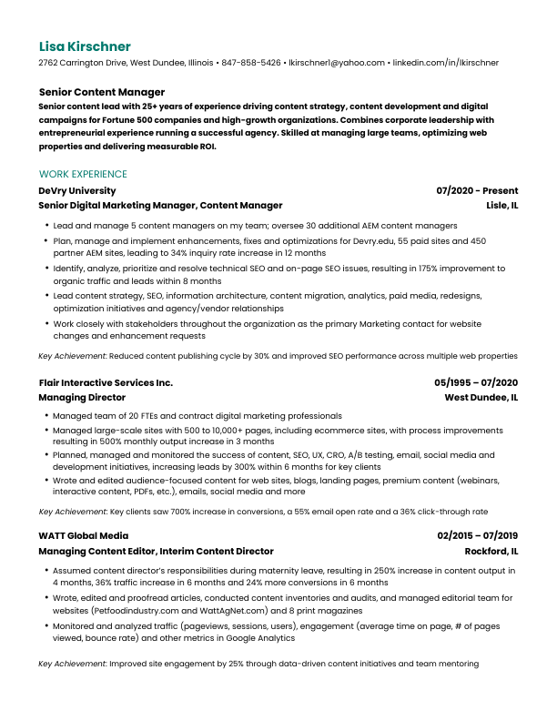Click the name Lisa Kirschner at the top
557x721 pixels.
pyautogui.click(x=85, y=46)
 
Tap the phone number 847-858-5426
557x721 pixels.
pyautogui.click(x=251, y=63)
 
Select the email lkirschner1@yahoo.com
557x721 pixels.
pyautogui.click(x=336, y=63)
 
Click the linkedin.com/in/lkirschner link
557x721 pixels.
pyautogui.click(x=445, y=63)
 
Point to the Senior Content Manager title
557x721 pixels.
pyautogui.click(x=102, y=92)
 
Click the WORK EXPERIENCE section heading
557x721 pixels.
pyautogui.click(x=83, y=174)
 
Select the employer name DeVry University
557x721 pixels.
pyautogui.click(x=77, y=191)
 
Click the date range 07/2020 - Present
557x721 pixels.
pyautogui.click(x=477, y=191)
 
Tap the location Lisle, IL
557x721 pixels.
pyautogui.click(x=502, y=206)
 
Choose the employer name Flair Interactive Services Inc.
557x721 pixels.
pyautogui.click(x=106, y=383)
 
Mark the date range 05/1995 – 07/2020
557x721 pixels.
pyautogui.click(x=476, y=383)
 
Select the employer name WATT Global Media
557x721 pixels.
pyautogui.click(x=84, y=536)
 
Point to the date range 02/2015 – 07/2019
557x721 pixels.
pyautogui.click(x=477, y=536)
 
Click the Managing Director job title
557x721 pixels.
pyautogui.click(x=82, y=398)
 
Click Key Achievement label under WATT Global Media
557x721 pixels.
pyautogui.click(x=72, y=664)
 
